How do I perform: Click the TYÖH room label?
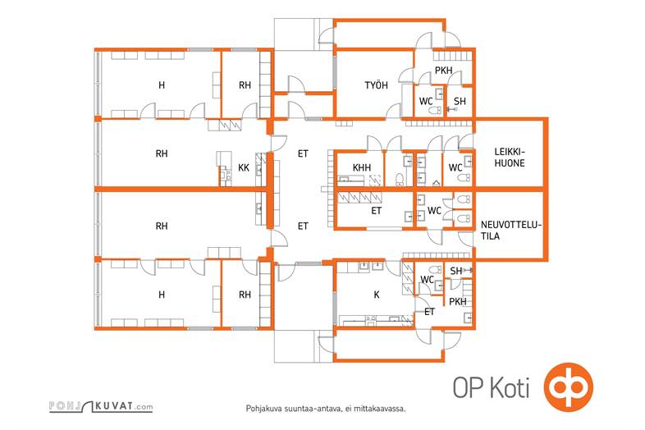(x=376, y=85)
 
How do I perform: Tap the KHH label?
(x=362, y=167)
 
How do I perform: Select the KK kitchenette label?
(x=244, y=167)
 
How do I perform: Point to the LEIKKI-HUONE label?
(x=510, y=158)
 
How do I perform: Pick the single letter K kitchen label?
(x=377, y=295)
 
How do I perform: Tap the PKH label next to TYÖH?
(x=443, y=71)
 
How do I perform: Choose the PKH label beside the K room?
(x=457, y=302)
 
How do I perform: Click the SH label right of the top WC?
(x=460, y=101)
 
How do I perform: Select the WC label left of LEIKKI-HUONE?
(x=455, y=167)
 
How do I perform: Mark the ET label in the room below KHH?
(x=376, y=211)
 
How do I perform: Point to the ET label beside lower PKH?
(x=429, y=312)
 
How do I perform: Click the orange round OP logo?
(x=569, y=387)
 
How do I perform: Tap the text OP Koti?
(x=492, y=387)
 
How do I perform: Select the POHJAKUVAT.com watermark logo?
(x=101, y=405)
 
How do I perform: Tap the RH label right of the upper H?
(x=245, y=85)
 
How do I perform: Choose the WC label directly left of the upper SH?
(x=426, y=101)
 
